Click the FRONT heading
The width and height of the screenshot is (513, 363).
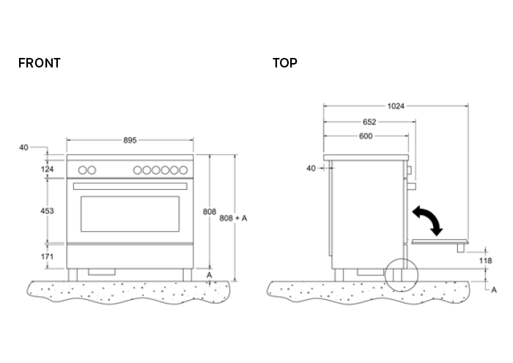tap(39, 63)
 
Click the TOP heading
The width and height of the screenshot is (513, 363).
tap(284, 63)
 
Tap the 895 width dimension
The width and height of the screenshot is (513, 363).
tap(130, 140)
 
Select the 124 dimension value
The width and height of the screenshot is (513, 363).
tap(47, 170)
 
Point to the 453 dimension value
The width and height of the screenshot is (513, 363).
tap(47, 210)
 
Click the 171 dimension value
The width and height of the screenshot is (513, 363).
tap(47, 257)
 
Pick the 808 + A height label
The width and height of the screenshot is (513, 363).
tap(233, 218)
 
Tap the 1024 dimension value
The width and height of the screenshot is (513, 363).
tap(396, 106)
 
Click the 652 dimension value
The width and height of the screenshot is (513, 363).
tap(369, 122)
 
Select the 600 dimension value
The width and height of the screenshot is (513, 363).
tap(366, 136)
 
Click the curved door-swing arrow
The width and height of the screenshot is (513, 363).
tap(427, 219)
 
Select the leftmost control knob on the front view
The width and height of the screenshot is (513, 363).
tap(82, 170)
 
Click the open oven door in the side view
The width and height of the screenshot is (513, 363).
tap(440, 241)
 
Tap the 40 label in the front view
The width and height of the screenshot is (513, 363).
tap(23, 147)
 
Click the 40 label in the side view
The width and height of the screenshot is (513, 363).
tap(311, 169)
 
